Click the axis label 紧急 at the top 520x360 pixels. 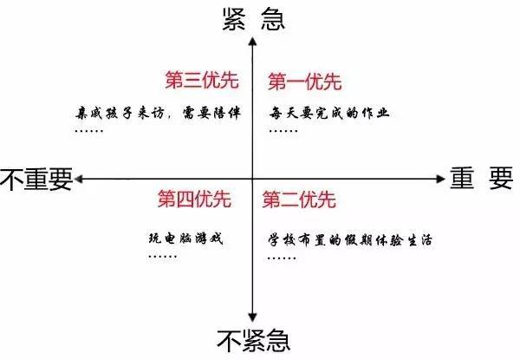254,19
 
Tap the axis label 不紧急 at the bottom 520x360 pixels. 254,341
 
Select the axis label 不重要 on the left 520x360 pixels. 36,180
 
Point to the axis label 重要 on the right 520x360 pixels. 482,178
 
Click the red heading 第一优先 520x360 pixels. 305,82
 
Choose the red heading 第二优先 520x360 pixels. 299,200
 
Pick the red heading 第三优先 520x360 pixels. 202,80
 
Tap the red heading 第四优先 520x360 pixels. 194,199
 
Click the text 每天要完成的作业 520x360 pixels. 329,113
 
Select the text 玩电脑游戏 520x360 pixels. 186,239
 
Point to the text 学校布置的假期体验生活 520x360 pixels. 350,240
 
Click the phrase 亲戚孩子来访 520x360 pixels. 120,113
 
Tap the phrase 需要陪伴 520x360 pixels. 211,113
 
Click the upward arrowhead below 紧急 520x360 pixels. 253,42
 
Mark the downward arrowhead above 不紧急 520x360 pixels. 253,317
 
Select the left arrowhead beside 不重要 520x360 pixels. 79,180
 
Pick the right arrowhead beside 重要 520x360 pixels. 440,180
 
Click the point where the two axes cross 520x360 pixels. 253,180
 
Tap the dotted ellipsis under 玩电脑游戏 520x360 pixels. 163,257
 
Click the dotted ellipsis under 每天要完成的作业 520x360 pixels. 283,131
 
